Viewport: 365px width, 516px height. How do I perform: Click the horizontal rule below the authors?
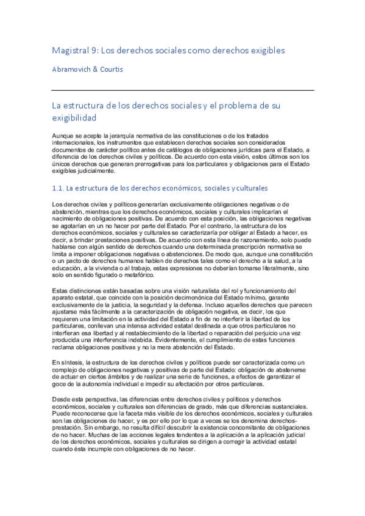183,90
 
